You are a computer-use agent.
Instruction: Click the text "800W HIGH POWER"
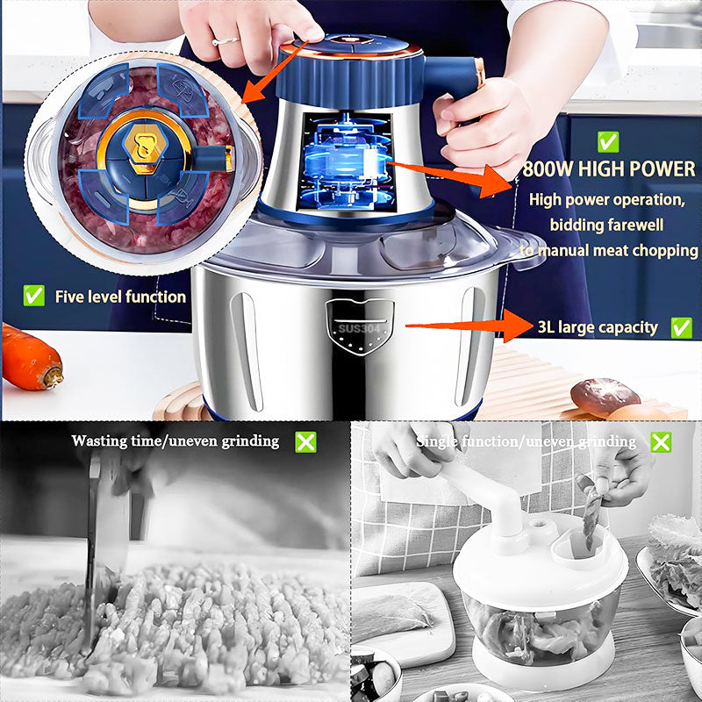click(x=608, y=168)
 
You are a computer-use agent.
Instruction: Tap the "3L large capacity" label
click(x=598, y=327)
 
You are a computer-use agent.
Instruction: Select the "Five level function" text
click(x=120, y=297)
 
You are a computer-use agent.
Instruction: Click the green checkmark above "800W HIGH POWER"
click(x=607, y=141)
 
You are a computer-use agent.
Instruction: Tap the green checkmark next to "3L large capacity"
click(x=681, y=327)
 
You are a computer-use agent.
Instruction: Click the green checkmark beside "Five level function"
click(x=34, y=296)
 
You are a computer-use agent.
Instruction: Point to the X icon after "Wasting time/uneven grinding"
click(x=305, y=441)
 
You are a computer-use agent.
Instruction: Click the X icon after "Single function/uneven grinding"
click(x=661, y=441)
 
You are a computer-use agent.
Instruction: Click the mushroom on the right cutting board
click(x=605, y=396)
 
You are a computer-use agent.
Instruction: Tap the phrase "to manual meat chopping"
click(x=608, y=250)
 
